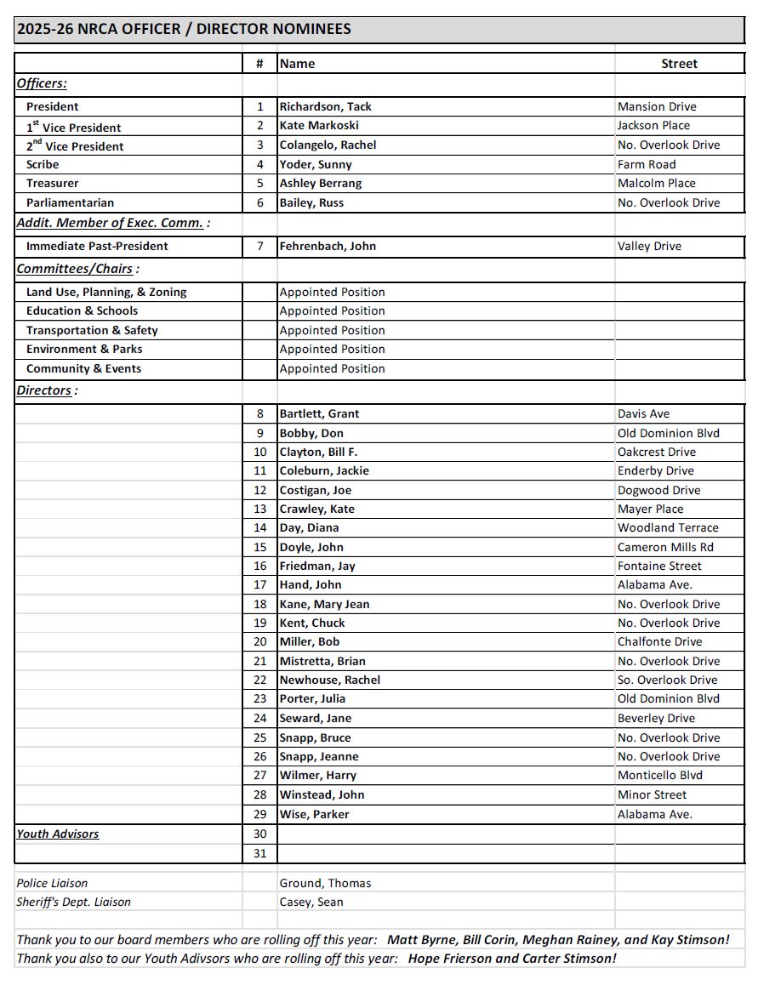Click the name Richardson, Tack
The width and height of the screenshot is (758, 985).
point(325,107)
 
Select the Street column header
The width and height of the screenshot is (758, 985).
point(679,64)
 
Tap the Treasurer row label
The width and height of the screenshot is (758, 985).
point(52,184)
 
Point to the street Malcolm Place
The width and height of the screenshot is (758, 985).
point(656,184)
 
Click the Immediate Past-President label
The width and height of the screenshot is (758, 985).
point(97,247)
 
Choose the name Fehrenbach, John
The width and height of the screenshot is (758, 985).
point(328,247)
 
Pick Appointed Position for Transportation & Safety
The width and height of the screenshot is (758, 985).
point(332,331)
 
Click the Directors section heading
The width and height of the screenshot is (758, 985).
point(44,390)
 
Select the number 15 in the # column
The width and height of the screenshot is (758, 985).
point(260,547)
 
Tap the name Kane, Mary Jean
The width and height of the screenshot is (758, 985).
point(324,605)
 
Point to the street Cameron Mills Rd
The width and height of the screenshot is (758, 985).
point(665,547)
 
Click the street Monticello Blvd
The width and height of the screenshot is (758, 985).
point(660,776)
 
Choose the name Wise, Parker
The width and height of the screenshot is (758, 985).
point(314,815)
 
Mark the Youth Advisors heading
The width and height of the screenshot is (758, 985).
point(58,834)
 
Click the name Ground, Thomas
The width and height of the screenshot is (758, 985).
point(325,884)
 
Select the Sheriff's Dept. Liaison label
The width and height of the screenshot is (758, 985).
point(73,902)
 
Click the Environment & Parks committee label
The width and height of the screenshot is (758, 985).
point(84,350)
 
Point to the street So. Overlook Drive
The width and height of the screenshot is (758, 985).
point(667,680)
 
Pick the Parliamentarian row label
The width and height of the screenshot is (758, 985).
point(70,203)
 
